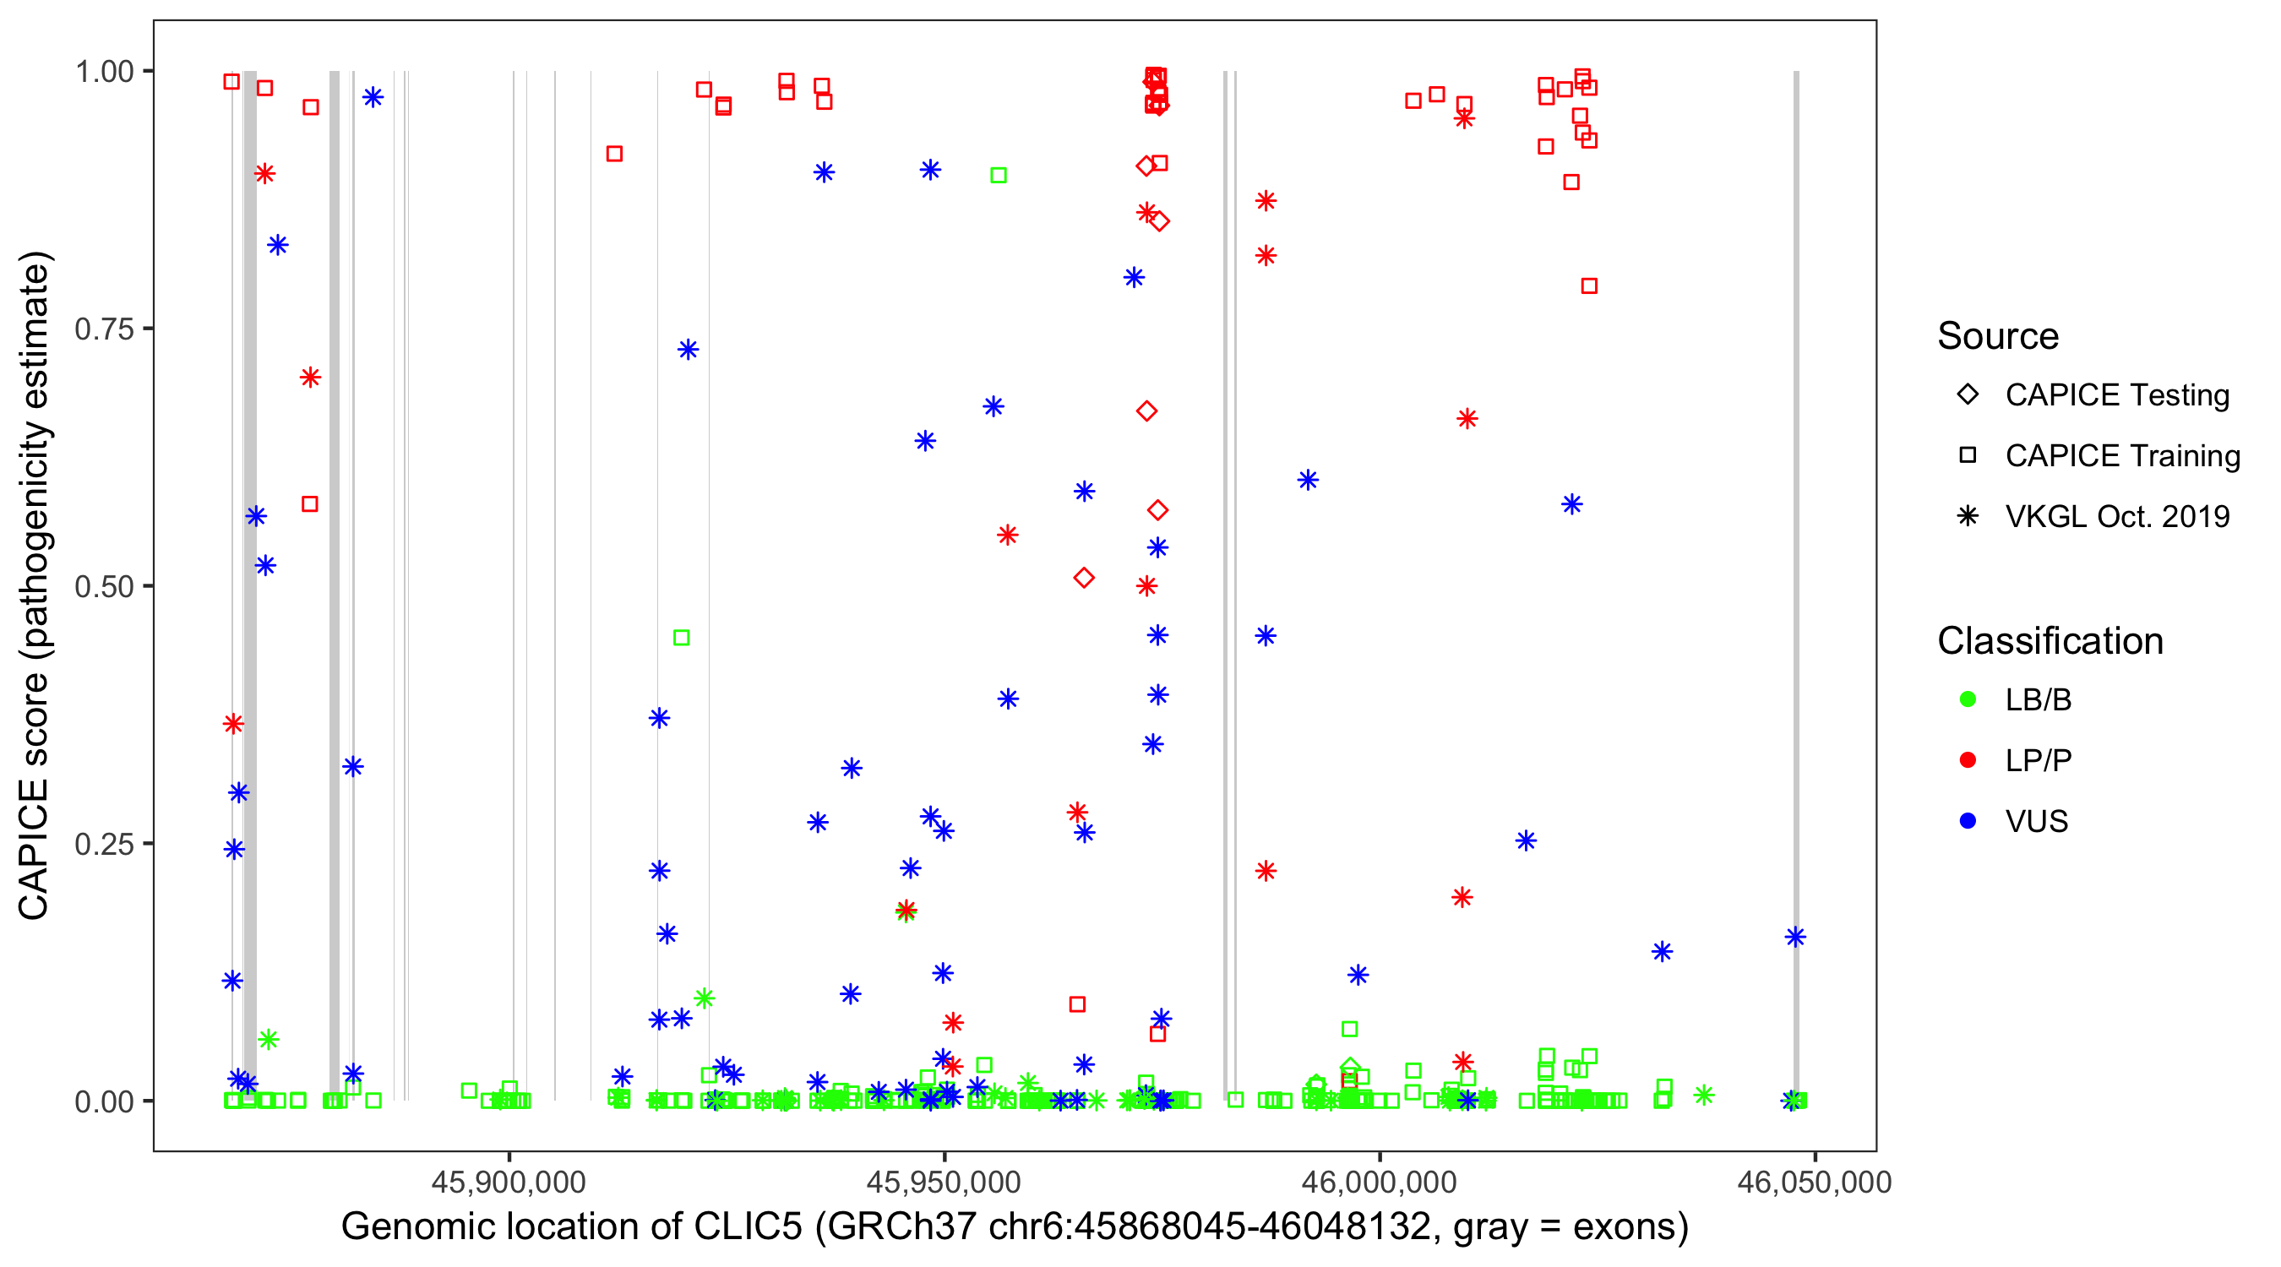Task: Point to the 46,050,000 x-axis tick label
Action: [1815, 1182]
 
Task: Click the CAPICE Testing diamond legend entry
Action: [1968, 395]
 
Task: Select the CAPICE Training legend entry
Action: [1968, 456]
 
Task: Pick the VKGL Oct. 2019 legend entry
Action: [1968, 516]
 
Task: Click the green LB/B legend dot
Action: [1968, 699]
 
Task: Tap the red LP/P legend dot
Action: [1968, 760]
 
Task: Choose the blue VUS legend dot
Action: [1968, 821]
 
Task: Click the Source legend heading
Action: [1998, 336]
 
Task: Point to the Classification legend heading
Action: [2050, 641]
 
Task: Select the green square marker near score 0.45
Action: [681, 638]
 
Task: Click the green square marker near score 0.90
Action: [998, 176]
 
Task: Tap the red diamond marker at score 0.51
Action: [1084, 578]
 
